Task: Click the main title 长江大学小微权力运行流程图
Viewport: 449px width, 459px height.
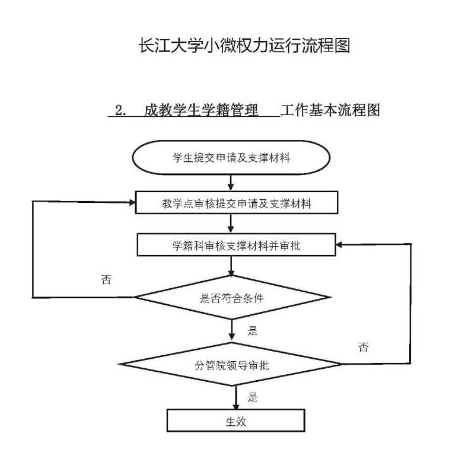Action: pyautogui.click(x=244, y=46)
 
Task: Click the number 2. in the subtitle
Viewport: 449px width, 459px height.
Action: pyautogui.click(x=121, y=110)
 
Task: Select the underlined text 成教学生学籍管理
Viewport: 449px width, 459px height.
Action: pyautogui.click(x=201, y=110)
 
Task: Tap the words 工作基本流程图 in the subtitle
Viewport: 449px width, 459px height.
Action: pyautogui.click(x=330, y=110)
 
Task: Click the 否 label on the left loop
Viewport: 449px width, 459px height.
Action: pyautogui.click(x=106, y=279)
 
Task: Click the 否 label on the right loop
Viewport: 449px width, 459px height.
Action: pyautogui.click(x=363, y=347)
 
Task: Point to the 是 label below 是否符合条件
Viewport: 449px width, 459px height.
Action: pyautogui.click(x=252, y=331)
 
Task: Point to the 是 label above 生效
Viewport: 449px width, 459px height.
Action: pyautogui.click(x=252, y=397)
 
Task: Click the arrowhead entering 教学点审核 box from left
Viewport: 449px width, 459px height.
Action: pyautogui.click(x=132, y=202)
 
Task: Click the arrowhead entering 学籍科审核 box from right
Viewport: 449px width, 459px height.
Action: pyautogui.click(x=339, y=244)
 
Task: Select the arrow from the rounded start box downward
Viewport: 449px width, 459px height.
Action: pyautogui.click(x=231, y=183)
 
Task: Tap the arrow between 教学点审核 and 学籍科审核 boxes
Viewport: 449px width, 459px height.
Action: pyautogui.click(x=231, y=224)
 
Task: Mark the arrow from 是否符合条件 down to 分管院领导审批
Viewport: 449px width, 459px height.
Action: pyautogui.click(x=231, y=330)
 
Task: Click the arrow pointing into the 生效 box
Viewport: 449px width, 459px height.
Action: pyautogui.click(x=236, y=397)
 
